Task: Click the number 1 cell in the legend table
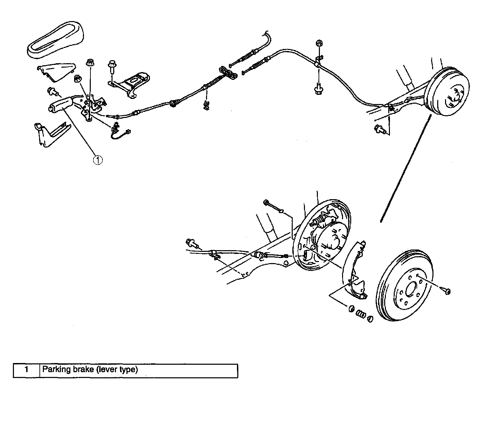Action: [27, 370]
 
